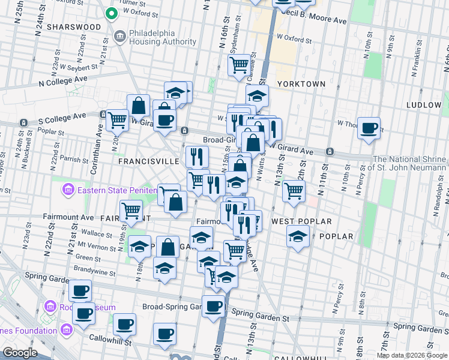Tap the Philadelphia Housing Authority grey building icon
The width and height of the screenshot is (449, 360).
tap(119, 37)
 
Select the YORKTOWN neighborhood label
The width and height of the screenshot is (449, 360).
tap(301, 84)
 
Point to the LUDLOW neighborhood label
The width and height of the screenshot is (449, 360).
tap(423, 105)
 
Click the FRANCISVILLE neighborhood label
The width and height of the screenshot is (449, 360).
tap(148, 161)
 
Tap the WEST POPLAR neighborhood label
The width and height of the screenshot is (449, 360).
tap(301, 221)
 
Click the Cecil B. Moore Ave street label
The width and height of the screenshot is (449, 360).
tap(318, 20)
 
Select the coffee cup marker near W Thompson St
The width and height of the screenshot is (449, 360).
tap(369, 127)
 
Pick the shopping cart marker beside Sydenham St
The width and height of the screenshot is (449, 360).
tap(240, 64)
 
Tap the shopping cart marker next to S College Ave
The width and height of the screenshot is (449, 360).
tap(117, 119)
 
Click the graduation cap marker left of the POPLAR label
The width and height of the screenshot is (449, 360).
tap(298, 236)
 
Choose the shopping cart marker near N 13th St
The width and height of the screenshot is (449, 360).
tap(294, 190)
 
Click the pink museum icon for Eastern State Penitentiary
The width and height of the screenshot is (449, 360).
tap(68, 191)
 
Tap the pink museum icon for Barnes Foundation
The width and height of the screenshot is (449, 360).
tap(67, 329)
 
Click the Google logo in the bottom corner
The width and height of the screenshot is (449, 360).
tap(20, 353)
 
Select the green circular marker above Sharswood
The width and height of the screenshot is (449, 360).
tap(111, 13)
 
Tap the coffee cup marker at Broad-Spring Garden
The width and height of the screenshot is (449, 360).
tap(212, 306)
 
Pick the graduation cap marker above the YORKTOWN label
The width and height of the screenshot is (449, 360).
tap(257, 95)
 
